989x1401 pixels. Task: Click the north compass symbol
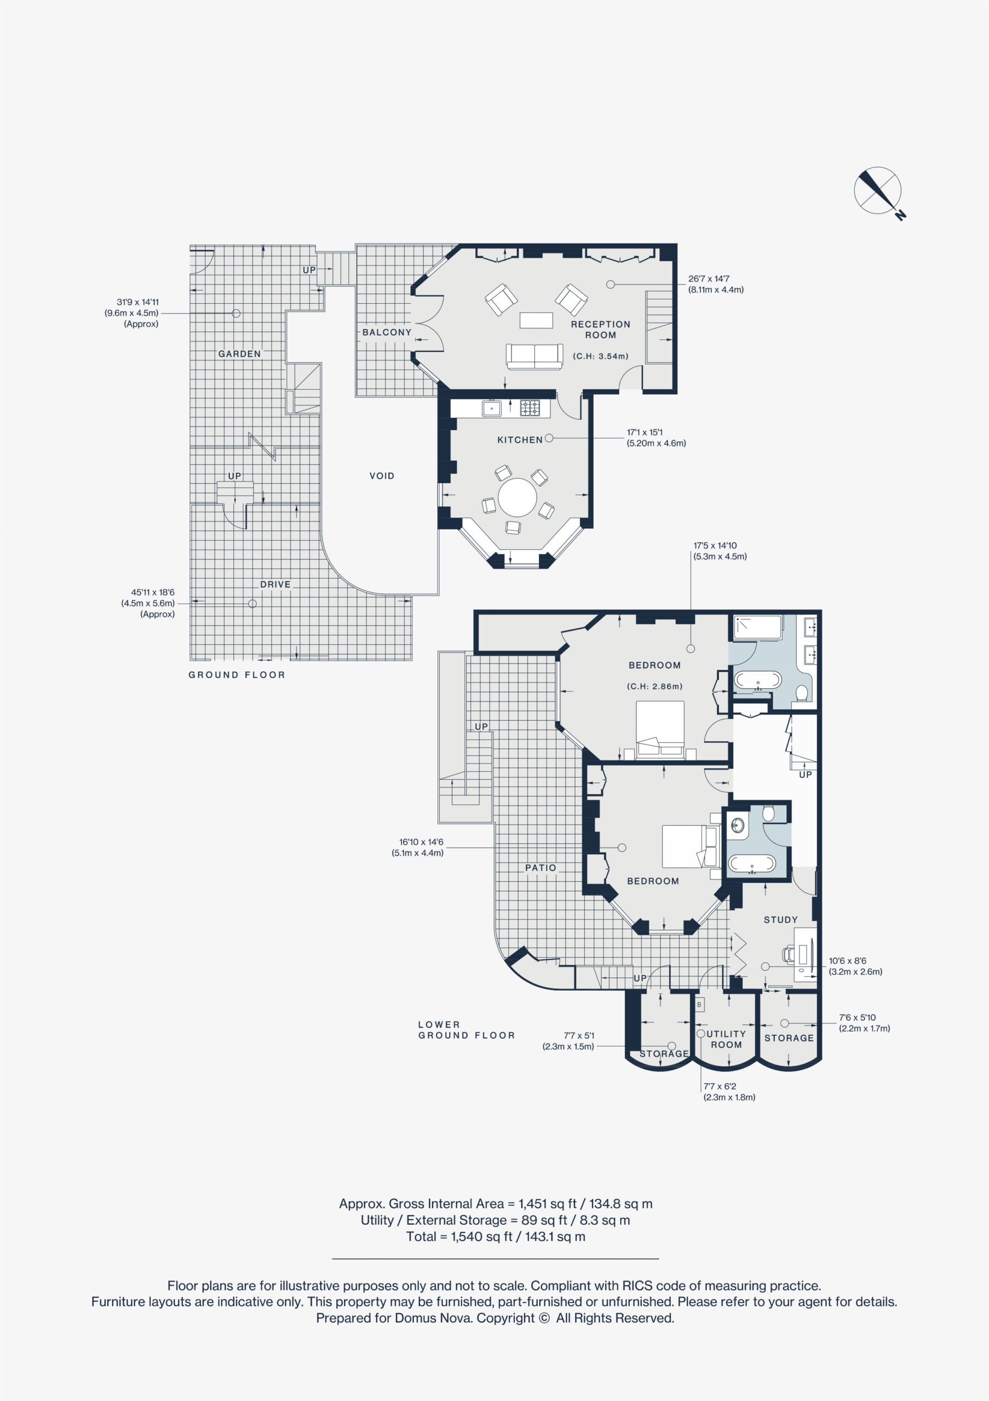click(878, 192)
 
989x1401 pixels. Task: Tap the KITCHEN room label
click(520, 440)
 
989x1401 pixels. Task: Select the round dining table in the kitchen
click(517, 497)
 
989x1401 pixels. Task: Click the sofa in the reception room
click(534, 356)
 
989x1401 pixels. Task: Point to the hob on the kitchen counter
click(530, 408)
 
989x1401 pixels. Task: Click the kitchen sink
click(491, 408)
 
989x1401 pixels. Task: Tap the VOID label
click(382, 476)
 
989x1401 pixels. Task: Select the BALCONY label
click(387, 333)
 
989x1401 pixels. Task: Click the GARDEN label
click(239, 354)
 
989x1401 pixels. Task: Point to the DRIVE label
click(275, 584)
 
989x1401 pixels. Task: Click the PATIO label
click(540, 868)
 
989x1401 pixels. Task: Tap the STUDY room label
click(780, 919)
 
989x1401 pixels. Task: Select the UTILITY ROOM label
click(726, 1039)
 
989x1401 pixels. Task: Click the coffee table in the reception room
click(536, 320)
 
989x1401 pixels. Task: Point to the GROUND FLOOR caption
click(236, 675)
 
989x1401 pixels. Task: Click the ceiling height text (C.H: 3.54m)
click(600, 356)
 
